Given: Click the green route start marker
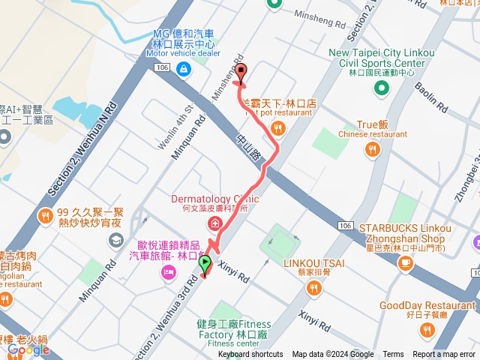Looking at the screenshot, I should pyautogui.click(x=205, y=264).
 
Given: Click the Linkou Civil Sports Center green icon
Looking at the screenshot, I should pyautogui.click(x=381, y=89).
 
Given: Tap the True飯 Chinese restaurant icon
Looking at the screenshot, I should pyautogui.click(x=372, y=150).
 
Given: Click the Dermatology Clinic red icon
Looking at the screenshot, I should pyautogui.click(x=214, y=224).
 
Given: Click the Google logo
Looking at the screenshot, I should pyautogui.click(x=28, y=349).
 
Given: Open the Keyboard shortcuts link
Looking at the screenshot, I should pyautogui.click(x=250, y=355).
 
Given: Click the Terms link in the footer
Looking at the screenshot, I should pyautogui.click(x=393, y=355).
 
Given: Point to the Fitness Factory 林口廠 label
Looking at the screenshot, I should pyautogui.click(x=234, y=328).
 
